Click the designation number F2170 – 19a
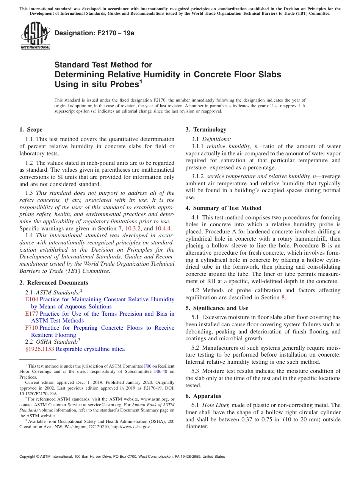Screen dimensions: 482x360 [x=94, y=33]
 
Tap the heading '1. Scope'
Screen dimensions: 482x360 [x=31, y=130]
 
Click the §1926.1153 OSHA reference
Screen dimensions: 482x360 [x=40, y=349]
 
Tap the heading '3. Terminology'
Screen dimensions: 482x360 [x=206, y=130]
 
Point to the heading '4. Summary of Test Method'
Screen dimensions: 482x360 [x=223, y=208]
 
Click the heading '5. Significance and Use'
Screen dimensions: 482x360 [x=217, y=308]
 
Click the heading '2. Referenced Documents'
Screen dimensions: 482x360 [x=54, y=283]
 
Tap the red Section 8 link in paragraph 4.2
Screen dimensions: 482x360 [x=282, y=297]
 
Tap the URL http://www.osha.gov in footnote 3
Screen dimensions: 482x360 [x=130, y=427]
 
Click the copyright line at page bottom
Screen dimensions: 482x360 [x=122, y=457]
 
